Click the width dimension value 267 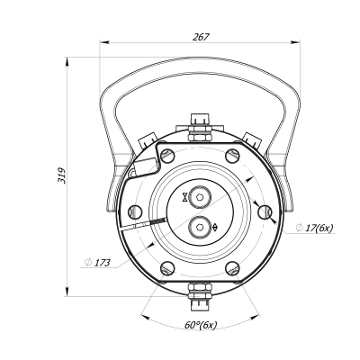(201, 36)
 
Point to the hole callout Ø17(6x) (314, 229)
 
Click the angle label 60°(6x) (199, 325)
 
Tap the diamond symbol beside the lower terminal (213, 228)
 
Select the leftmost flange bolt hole (133, 211)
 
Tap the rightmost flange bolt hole (265, 211)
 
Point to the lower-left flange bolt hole (165, 268)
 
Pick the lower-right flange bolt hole (232, 268)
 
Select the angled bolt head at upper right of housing (253, 137)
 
